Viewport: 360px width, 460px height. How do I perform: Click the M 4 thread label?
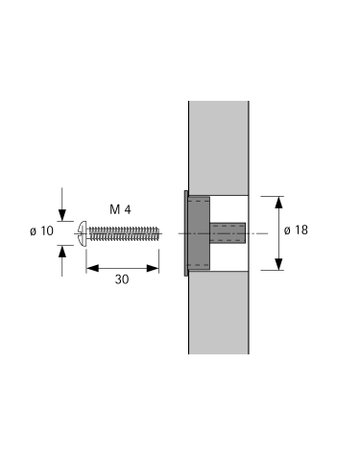121,210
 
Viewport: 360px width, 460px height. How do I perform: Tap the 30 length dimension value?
122,281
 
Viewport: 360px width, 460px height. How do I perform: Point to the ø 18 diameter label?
297,231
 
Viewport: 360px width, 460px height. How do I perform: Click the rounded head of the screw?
81,233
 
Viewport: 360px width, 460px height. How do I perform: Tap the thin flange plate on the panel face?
184,233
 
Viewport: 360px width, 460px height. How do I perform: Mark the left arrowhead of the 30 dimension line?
90,267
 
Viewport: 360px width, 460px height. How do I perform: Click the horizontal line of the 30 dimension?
122,267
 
